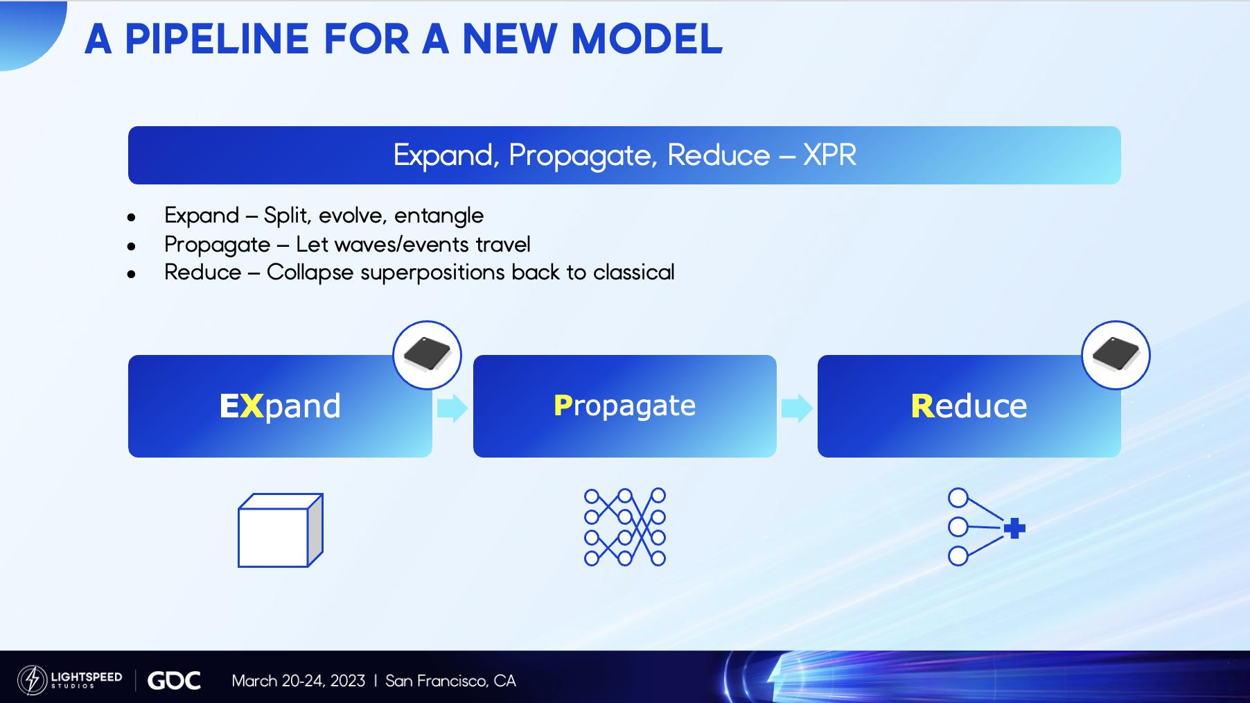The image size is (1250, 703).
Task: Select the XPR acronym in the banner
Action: point(829,155)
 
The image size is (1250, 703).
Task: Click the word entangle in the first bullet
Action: point(439,216)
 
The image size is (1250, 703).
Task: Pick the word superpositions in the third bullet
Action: point(432,273)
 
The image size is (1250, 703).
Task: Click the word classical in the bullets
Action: point(633,272)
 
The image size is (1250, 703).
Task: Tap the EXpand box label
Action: point(280,406)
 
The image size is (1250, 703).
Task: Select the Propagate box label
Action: point(624,406)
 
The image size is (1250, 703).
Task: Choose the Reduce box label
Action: point(969,406)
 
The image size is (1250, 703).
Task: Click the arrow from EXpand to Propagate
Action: point(452,408)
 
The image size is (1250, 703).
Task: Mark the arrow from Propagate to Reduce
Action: point(797,408)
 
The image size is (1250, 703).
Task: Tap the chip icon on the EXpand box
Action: point(427,355)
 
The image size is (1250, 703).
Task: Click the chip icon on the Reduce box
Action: point(1116,355)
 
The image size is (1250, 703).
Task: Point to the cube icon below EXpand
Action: point(281,530)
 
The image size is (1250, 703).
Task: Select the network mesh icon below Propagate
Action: point(625,527)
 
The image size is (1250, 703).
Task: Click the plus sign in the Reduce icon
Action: point(1014,528)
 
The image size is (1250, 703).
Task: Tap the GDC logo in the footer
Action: point(174,681)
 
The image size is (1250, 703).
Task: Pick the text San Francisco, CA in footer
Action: point(450,681)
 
